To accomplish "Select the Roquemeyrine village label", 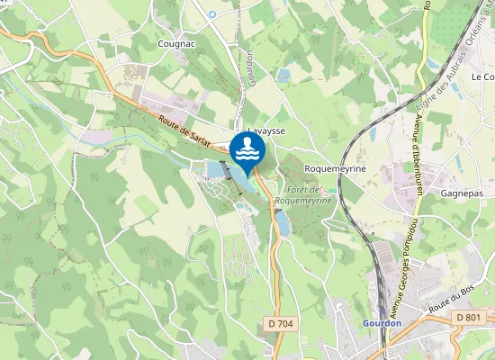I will [x=333, y=168].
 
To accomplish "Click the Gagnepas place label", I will [x=463, y=193].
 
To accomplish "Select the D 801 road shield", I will [x=468, y=318].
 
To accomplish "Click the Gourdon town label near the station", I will [x=382, y=322].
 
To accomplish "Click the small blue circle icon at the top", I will [x=212, y=14].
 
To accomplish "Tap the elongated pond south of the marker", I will [x=283, y=222].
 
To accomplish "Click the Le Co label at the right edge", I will [x=482, y=77].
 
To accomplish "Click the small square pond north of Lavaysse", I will [x=283, y=76].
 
